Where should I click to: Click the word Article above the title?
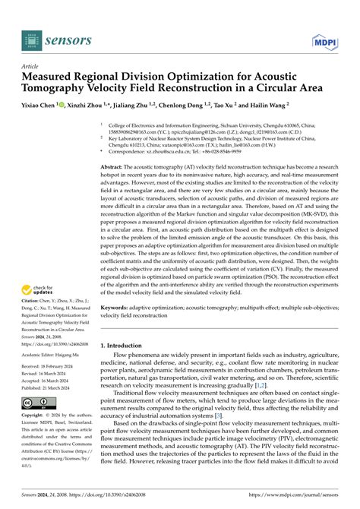click(31, 66)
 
